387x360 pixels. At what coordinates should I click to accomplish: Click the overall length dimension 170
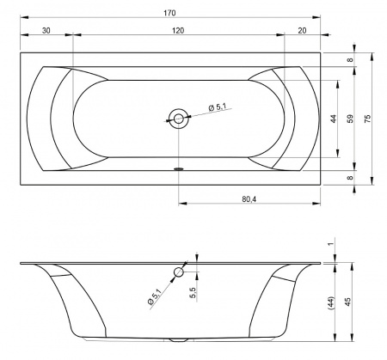tap(169, 13)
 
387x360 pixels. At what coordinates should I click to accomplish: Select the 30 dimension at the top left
tap(46, 30)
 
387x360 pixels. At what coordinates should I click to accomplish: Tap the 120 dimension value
tap(178, 30)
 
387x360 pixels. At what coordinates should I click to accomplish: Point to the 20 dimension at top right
tap(302, 30)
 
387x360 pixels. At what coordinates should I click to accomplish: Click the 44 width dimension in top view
tap(333, 119)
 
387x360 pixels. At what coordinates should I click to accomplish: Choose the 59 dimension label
tap(350, 119)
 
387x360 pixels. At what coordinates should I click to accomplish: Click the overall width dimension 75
tap(367, 119)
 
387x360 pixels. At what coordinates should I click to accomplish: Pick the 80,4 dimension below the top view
tap(249, 199)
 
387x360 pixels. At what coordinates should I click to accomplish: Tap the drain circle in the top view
tap(179, 119)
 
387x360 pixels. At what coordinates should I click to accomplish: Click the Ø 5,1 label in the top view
tap(218, 107)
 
